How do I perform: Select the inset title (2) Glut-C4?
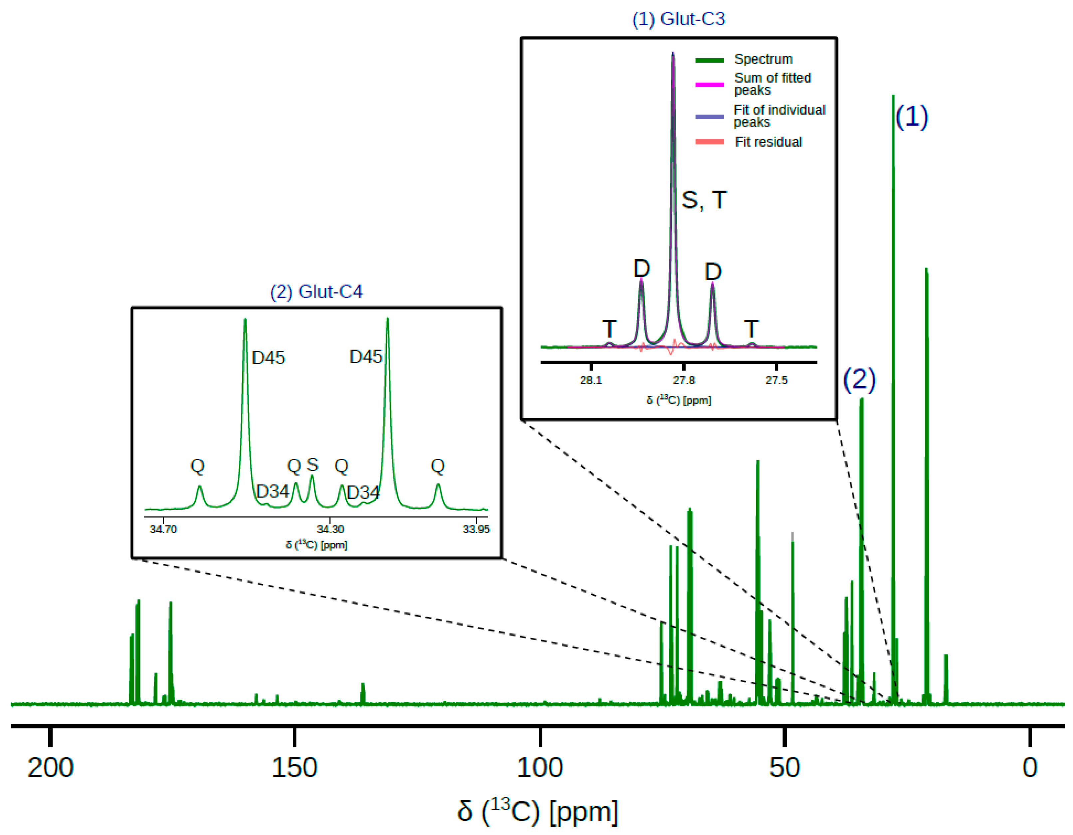point(317,292)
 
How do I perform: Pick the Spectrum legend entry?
point(763,59)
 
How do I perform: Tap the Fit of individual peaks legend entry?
point(779,116)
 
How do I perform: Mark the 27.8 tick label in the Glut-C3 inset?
point(683,380)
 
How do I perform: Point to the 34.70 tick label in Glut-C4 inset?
point(163,529)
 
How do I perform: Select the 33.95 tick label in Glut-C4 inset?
point(476,529)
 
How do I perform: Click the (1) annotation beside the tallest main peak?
point(912,117)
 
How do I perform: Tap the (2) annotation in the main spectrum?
point(859,379)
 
